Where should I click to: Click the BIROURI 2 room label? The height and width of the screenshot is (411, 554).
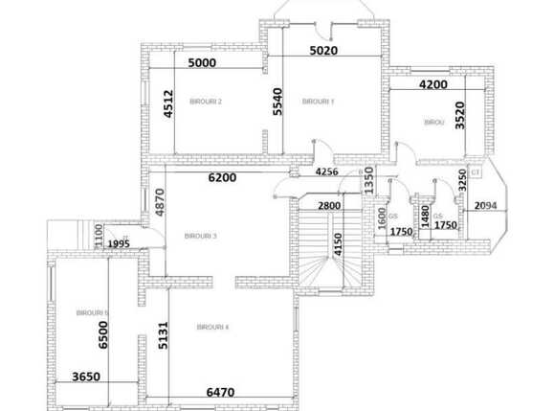(207, 102)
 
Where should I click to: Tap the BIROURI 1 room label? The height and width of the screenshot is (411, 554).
(318, 102)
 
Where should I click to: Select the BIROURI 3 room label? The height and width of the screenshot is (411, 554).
(201, 237)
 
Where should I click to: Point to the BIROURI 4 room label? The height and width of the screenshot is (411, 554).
(212, 328)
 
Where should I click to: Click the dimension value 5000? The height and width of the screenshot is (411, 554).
(202, 62)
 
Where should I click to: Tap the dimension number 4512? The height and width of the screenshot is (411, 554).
(168, 103)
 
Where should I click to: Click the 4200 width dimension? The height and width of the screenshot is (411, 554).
(432, 84)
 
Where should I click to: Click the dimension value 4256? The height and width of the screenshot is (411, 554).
(328, 172)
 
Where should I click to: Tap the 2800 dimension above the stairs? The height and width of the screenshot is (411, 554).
(329, 206)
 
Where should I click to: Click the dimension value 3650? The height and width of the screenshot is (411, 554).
(87, 377)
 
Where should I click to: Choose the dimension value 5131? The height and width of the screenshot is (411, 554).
(164, 334)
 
